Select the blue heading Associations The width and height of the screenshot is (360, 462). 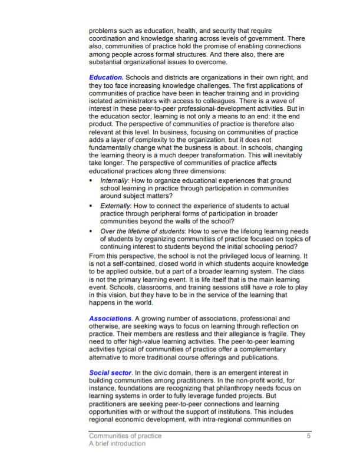[110, 319]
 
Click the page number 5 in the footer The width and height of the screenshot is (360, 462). [308, 436]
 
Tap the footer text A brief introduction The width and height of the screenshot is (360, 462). [117, 444]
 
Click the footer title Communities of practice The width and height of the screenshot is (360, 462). [125, 436]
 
